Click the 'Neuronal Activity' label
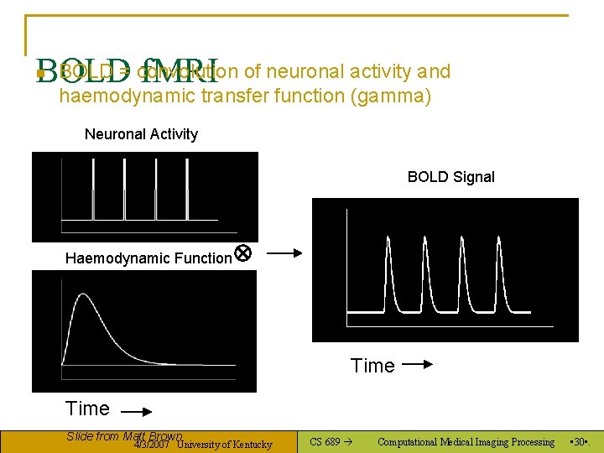(141, 134)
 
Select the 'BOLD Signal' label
(450, 177)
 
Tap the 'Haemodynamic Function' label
(148, 258)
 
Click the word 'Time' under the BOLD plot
(372, 366)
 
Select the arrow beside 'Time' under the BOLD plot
(416, 365)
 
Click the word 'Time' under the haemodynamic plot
(87, 409)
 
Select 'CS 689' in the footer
(325, 442)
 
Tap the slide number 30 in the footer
(579, 442)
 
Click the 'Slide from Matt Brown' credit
(123, 435)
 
